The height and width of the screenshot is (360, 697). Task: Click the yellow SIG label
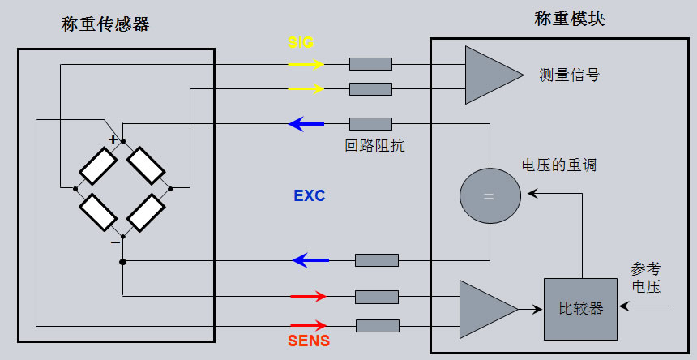click(x=301, y=41)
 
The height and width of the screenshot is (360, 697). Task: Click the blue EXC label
click(x=309, y=196)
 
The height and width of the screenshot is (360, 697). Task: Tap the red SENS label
click(x=309, y=341)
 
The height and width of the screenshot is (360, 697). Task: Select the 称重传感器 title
click(x=105, y=24)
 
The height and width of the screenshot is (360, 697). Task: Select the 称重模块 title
click(x=569, y=19)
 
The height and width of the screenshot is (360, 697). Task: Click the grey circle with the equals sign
click(x=489, y=196)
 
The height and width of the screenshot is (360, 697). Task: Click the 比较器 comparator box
click(x=581, y=309)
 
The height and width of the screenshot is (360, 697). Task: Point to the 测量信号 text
click(x=569, y=75)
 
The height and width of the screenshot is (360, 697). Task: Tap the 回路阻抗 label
click(x=374, y=147)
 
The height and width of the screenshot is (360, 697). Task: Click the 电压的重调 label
click(x=558, y=165)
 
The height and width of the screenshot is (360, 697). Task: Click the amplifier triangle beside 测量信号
click(x=489, y=75)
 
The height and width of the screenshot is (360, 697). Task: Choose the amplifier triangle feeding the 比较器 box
click(x=485, y=309)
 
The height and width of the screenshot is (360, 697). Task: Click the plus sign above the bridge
click(x=113, y=139)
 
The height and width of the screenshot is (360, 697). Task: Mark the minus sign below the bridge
click(x=115, y=241)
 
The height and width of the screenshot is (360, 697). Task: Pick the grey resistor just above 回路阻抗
click(x=370, y=124)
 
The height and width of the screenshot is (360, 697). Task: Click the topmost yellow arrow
click(x=307, y=64)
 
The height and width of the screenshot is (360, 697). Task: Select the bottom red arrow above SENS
click(x=308, y=325)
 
